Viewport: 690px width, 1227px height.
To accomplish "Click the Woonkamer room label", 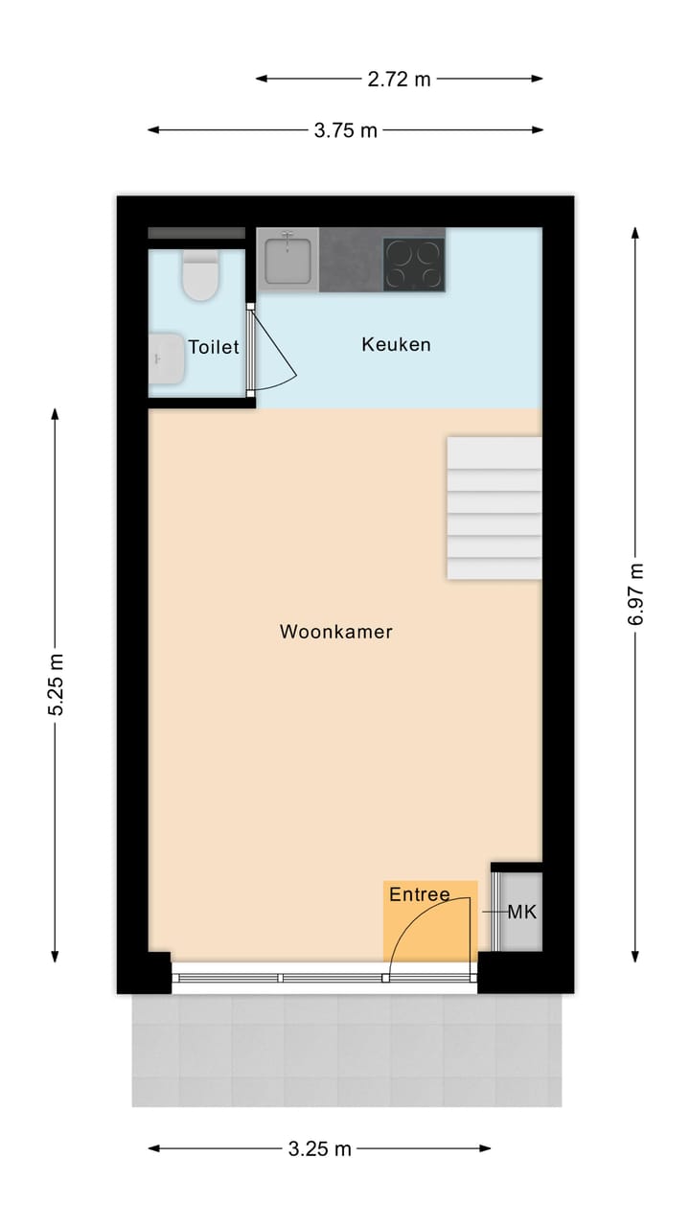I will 336,632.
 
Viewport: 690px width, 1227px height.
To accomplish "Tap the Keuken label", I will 396,344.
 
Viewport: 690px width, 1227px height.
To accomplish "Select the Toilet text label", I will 213,347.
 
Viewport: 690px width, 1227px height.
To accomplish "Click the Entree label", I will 419,895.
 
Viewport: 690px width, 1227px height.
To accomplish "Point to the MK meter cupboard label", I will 522,913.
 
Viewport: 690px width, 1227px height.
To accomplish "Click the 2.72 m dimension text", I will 400,80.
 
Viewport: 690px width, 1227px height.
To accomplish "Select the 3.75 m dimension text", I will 346,130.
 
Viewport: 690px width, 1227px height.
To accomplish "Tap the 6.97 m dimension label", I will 636,594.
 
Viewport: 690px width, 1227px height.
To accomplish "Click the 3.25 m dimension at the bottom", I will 320,1148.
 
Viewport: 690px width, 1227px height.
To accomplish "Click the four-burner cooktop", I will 414,264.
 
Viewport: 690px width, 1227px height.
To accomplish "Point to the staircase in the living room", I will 494,508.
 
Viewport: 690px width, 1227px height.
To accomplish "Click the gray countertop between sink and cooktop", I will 351,261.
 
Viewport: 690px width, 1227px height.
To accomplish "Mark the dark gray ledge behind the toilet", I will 196,233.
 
